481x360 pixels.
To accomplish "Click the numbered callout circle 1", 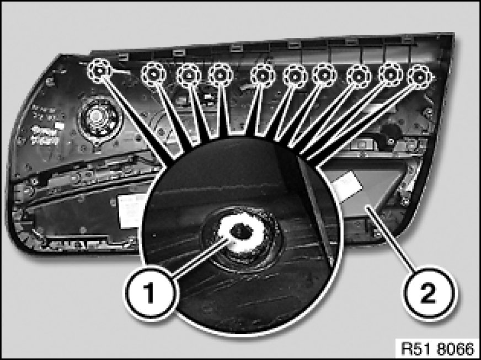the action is (x=150, y=293).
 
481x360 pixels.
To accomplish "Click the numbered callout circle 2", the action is (x=429, y=293).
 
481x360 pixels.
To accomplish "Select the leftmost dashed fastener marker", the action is (x=99, y=71).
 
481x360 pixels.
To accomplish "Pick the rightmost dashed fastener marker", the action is (x=420, y=77).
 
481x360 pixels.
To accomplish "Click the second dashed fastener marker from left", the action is (x=153, y=74).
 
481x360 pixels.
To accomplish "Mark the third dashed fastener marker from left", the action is (x=188, y=76).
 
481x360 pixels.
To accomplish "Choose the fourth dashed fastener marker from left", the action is (x=220, y=75).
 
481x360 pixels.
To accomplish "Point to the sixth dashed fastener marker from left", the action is (x=295, y=76).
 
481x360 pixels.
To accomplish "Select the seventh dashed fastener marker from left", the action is (x=324, y=76).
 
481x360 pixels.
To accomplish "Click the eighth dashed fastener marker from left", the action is (x=359, y=77).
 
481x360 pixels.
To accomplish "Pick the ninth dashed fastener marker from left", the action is (x=390, y=75).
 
